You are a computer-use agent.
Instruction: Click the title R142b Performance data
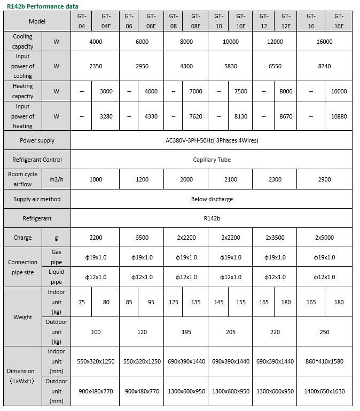(x=43, y=6)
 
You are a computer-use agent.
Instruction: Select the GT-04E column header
(x=106, y=21)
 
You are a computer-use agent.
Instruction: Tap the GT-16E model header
(x=339, y=21)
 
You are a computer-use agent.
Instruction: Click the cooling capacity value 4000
(x=96, y=42)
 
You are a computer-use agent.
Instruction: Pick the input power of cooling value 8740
(x=324, y=66)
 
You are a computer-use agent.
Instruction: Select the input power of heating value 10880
(x=339, y=116)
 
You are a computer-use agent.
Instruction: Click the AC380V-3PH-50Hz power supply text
(x=212, y=141)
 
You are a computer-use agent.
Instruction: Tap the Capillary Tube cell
(x=212, y=160)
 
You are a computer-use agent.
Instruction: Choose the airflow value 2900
(x=324, y=179)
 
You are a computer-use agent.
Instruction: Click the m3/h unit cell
(x=57, y=179)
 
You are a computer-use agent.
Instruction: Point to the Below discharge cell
(x=212, y=199)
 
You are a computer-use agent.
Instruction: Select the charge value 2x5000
(x=324, y=238)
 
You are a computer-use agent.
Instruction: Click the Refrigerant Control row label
(x=37, y=160)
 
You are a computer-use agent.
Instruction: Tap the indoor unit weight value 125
(x=174, y=302)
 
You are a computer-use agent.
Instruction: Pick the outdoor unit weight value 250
(x=324, y=332)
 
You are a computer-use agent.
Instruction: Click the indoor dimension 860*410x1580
(x=324, y=361)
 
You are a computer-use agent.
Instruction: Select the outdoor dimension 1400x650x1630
(x=324, y=391)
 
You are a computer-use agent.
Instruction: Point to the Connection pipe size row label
(x=23, y=267)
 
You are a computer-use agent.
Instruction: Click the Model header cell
(x=37, y=21)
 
